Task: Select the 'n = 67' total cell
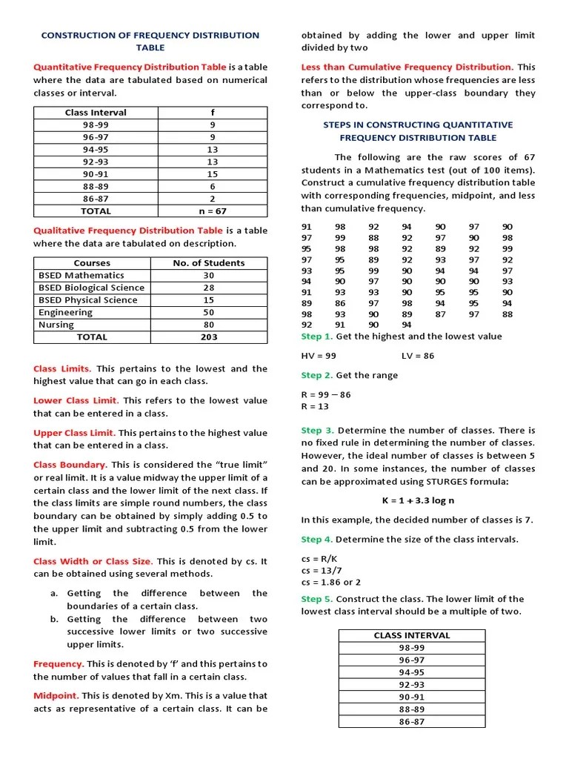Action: point(213,211)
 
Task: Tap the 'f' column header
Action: point(213,113)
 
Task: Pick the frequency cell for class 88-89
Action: point(213,186)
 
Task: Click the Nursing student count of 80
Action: point(209,325)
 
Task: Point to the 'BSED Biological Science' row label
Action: point(91,288)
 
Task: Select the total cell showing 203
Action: point(209,337)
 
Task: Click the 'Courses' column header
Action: point(92,263)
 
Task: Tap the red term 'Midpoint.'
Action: point(56,696)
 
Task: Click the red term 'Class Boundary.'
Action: point(70,465)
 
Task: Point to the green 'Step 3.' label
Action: point(318,430)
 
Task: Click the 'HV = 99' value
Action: point(319,356)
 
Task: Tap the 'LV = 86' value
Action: point(418,356)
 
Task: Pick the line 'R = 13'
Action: point(315,406)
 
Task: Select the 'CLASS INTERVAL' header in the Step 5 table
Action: point(412,635)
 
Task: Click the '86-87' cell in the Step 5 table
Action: point(412,720)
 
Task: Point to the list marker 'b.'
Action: point(54,619)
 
